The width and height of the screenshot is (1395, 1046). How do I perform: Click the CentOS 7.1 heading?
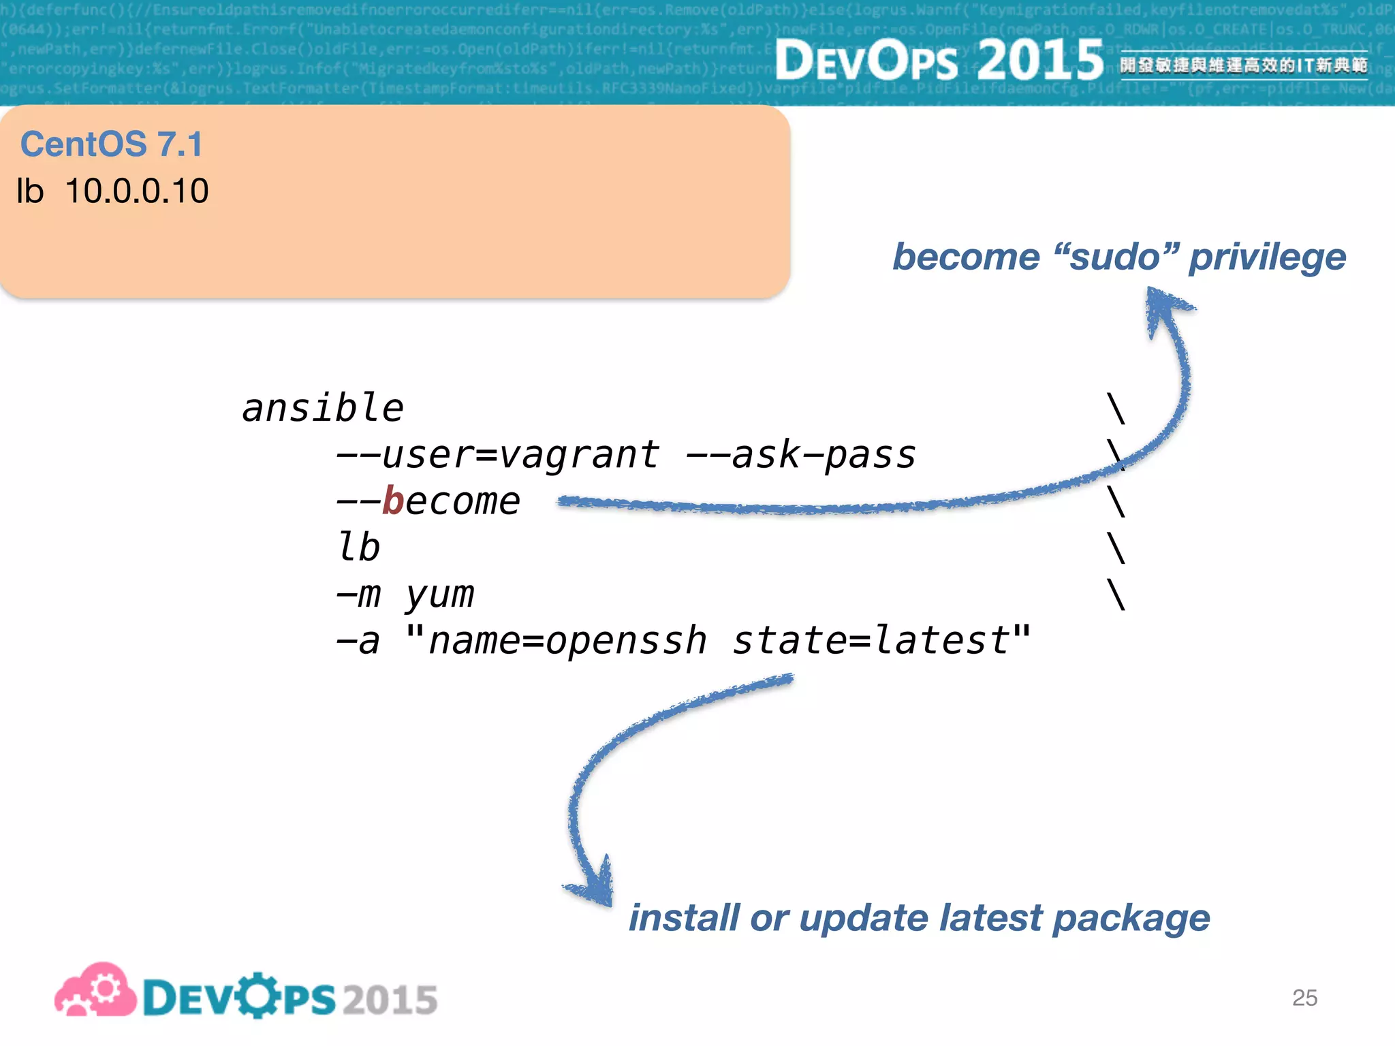tap(112, 144)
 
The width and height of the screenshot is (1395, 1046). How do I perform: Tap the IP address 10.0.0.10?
tap(136, 191)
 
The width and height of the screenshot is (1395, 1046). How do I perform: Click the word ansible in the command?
tap(323, 409)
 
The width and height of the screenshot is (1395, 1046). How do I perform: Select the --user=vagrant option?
tap(497, 455)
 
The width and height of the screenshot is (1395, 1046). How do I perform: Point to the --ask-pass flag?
tap(801, 455)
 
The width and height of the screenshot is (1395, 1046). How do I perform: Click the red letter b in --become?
tap(393, 501)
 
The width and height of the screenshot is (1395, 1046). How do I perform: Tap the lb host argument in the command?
tap(359, 548)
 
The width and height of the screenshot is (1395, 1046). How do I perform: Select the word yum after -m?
tap(440, 595)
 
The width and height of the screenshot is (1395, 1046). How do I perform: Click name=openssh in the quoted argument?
tap(567, 641)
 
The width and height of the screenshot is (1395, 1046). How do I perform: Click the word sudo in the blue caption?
tap(1114, 257)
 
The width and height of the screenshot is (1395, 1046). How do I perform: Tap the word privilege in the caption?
tap(1267, 257)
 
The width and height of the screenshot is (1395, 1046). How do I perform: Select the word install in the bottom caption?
tap(683, 918)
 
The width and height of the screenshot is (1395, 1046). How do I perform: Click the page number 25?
tap(1304, 998)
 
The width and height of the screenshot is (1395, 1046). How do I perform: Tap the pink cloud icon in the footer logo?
tap(95, 991)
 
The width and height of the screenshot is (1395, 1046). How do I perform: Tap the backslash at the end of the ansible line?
tap(1116, 409)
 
